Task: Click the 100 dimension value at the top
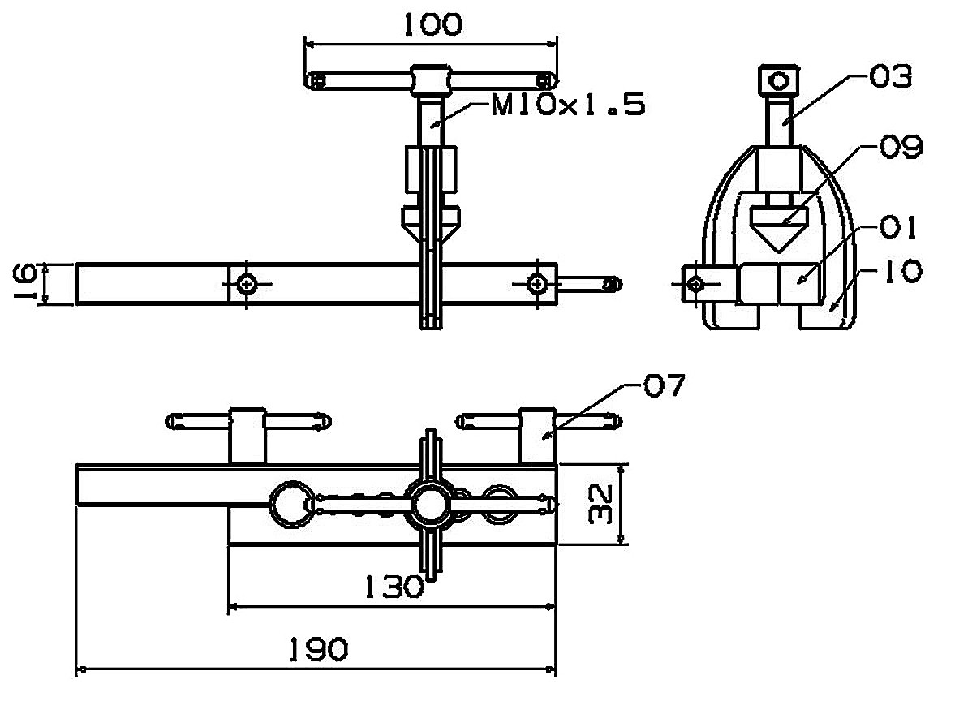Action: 432,24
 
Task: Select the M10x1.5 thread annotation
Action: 568,105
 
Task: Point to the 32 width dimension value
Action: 599,504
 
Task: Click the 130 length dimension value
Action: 394,587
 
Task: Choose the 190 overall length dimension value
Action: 319,649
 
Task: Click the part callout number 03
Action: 890,77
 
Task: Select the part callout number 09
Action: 901,147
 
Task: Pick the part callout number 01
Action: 898,227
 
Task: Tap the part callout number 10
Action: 903,271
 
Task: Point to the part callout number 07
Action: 665,385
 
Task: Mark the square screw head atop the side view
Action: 779,80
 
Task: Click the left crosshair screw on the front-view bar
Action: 247,284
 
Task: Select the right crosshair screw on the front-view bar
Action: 538,284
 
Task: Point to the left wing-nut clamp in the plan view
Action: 247,434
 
